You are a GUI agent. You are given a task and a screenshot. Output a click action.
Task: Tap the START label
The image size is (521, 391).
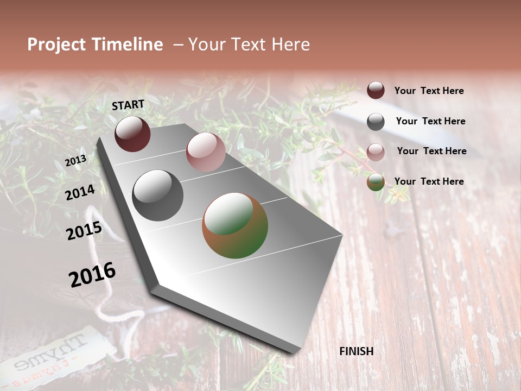pyautogui.click(x=128, y=105)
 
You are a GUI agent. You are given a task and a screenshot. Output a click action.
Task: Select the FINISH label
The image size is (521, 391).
pyautogui.click(x=356, y=351)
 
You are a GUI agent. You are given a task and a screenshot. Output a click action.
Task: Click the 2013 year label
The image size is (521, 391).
pyautogui.click(x=75, y=161)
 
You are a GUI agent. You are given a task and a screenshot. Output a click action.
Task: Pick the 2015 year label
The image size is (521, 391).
pyautogui.click(x=84, y=231)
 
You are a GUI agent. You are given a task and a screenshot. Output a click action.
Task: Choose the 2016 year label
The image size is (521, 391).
pyautogui.click(x=92, y=274)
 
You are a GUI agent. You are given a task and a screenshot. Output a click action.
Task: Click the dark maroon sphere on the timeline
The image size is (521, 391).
pyautogui.click(x=132, y=134)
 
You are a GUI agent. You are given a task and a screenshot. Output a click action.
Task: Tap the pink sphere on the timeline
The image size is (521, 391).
pyautogui.click(x=206, y=152)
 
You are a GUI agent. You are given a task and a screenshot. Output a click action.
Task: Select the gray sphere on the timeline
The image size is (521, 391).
pyautogui.click(x=158, y=195)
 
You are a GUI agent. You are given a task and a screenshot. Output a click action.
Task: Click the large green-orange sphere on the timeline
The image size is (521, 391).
pyautogui.click(x=235, y=225)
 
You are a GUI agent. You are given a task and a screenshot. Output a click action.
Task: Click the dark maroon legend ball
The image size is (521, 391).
pyautogui.click(x=376, y=91)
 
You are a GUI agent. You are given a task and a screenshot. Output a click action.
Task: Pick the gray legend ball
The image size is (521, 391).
pyautogui.click(x=376, y=122)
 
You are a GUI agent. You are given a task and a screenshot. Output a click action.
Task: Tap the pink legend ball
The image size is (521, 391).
pyautogui.click(x=376, y=152)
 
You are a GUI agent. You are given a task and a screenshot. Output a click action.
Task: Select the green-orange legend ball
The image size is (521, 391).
pyautogui.click(x=376, y=182)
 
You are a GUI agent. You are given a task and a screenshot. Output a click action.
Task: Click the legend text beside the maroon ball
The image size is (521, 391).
pyautogui.click(x=429, y=91)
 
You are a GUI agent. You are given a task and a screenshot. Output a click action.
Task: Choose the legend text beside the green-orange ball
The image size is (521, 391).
pyautogui.click(x=429, y=181)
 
